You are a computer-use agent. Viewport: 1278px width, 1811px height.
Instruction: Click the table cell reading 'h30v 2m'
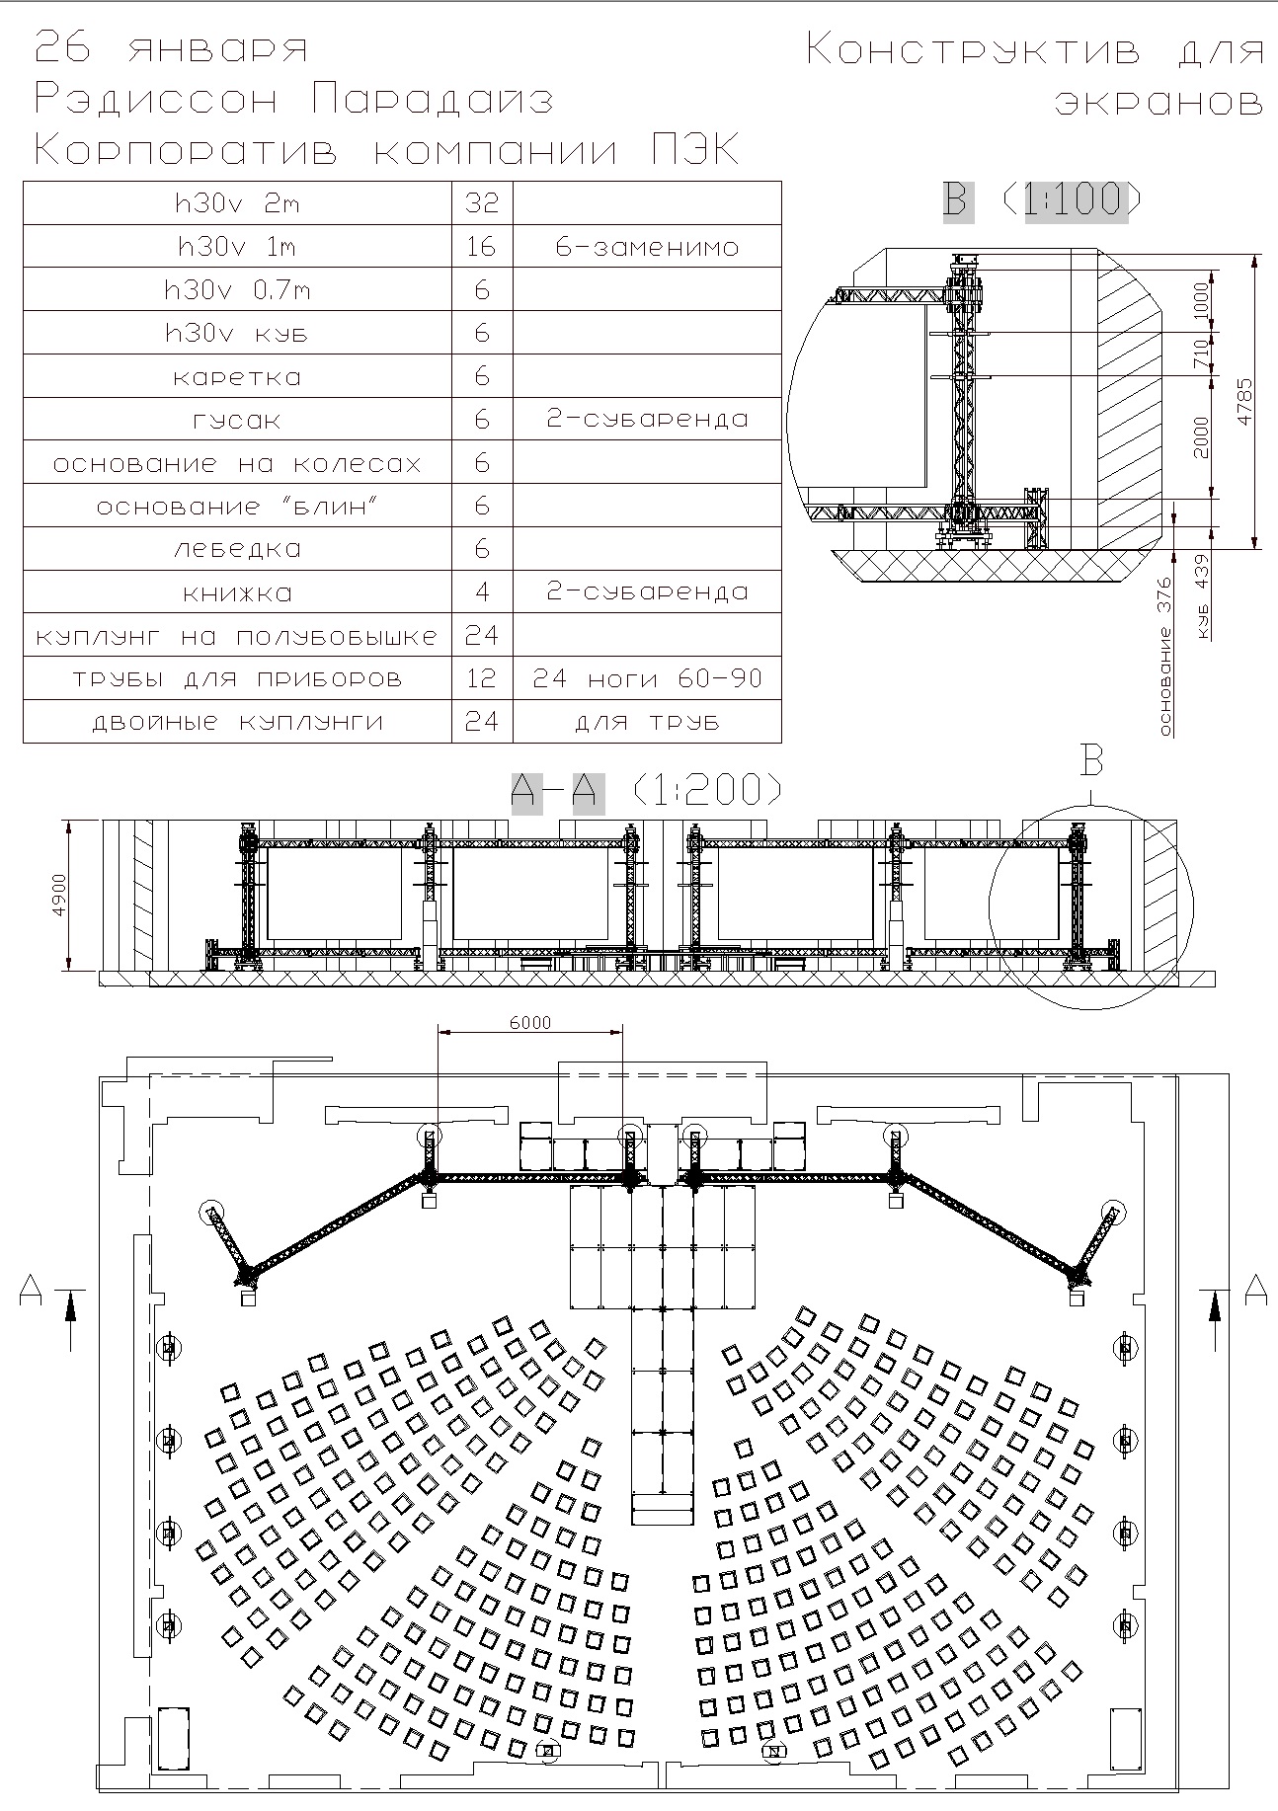[x=237, y=204]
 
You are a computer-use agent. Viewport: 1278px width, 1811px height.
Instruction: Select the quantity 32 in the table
[x=482, y=203]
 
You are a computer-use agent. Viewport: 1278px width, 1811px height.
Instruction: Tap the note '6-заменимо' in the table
[x=647, y=247]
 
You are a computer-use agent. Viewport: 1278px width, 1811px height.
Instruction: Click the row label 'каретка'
[x=237, y=377]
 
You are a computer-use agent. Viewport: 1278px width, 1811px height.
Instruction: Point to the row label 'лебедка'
[x=237, y=549]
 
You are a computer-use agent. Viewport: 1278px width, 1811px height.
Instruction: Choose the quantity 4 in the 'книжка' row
[x=482, y=592]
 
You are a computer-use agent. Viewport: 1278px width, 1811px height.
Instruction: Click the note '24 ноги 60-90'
[x=647, y=679]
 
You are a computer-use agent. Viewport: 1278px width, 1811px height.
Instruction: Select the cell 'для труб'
[x=647, y=723]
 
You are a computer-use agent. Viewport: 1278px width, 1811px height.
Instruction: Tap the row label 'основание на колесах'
[x=237, y=463]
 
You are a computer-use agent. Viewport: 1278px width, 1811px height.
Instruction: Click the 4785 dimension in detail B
[x=1245, y=401]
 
